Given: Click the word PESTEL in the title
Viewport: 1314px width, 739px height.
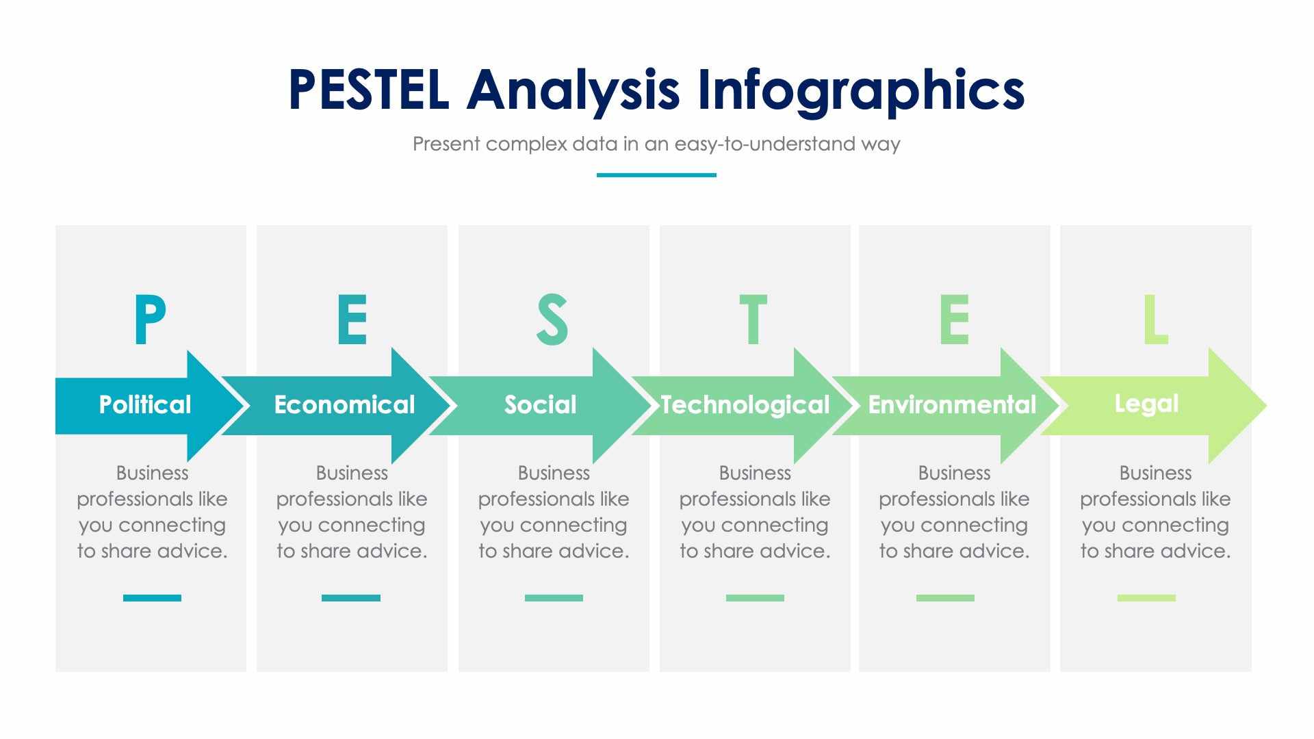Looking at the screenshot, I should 368,90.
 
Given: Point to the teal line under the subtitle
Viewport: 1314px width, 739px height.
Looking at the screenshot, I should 656,175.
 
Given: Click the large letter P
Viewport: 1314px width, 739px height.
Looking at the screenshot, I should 149,320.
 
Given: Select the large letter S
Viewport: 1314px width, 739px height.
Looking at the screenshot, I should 552,320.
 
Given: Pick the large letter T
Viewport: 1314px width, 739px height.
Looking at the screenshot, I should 753,320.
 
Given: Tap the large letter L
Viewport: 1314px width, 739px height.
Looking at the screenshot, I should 1155,320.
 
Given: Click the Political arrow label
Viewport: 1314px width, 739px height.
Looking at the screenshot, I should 145,404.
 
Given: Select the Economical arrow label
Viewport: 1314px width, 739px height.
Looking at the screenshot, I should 344,404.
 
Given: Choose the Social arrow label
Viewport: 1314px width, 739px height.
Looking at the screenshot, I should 540,404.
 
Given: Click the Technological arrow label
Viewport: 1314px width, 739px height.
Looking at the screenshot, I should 745,405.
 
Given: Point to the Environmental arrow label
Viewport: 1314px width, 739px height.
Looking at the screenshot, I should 952,405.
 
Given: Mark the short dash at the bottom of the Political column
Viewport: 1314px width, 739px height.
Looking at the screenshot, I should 152,598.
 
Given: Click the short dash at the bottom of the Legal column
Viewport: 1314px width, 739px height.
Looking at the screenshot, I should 1146,598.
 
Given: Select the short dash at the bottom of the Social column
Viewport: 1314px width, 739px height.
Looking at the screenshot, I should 554,598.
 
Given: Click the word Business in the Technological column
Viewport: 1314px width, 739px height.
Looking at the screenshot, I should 755,473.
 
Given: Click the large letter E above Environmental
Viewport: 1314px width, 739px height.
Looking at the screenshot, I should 954,320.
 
